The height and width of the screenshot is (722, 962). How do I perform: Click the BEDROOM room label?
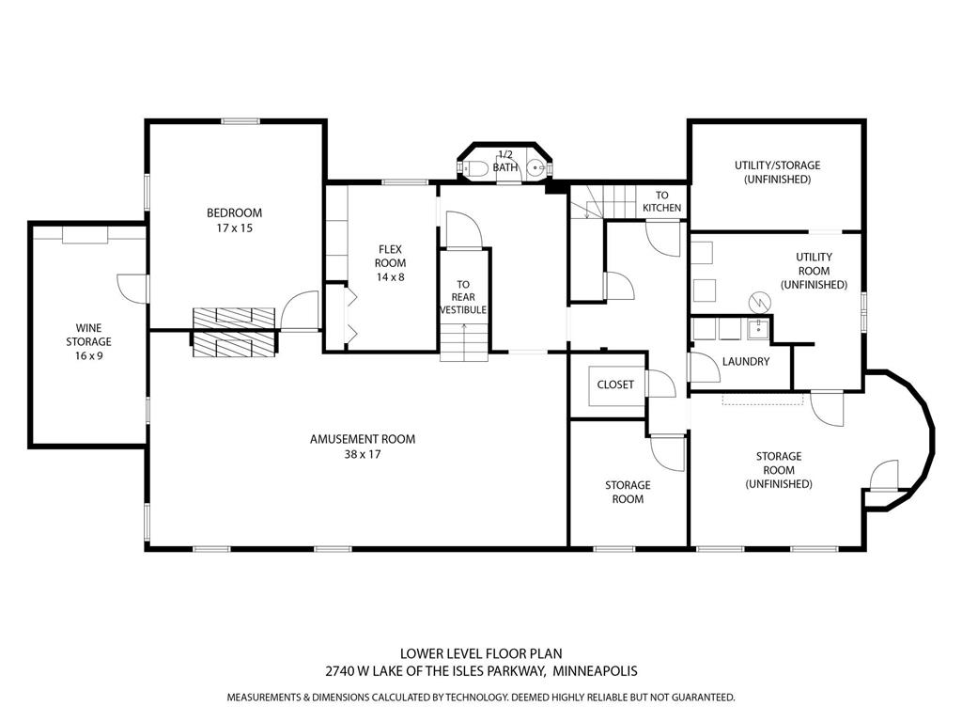(x=235, y=213)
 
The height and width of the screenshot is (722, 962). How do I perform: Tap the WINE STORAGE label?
(x=87, y=341)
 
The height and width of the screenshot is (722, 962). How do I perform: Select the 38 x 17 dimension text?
(x=362, y=454)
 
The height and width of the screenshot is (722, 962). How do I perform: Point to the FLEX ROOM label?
(x=391, y=256)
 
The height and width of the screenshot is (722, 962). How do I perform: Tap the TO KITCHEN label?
(x=662, y=201)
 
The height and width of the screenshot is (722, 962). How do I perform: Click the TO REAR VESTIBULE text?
(x=463, y=296)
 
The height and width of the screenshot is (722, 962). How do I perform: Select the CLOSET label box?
(x=615, y=385)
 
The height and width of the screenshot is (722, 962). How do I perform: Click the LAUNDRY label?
(x=746, y=361)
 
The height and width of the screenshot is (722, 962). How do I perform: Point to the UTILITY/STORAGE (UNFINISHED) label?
(x=777, y=172)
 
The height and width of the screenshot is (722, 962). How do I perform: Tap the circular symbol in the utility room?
(x=758, y=302)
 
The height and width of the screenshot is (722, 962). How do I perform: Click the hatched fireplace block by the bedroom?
(x=235, y=331)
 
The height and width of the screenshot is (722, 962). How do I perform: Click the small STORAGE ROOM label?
(x=628, y=492)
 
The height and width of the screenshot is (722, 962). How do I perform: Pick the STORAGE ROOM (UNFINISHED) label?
(x=778, y=470)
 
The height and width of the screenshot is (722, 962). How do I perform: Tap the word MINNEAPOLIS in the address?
(x=595, y=671)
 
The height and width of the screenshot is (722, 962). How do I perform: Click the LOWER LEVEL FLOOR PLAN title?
(x=481, y=653)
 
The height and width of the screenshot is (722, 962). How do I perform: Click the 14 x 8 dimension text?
(x=391, y=277)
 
